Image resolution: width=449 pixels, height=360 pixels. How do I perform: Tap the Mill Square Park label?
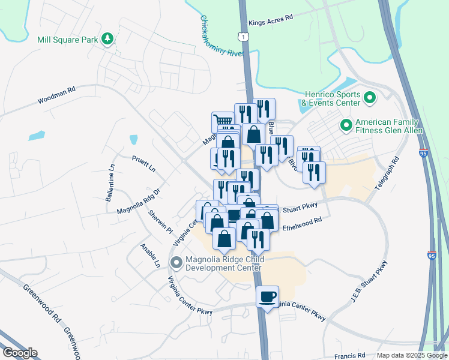(67, 40)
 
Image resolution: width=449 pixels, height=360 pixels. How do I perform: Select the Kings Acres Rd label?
(270, 19)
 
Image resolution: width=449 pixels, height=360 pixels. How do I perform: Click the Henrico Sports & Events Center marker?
(370, 97)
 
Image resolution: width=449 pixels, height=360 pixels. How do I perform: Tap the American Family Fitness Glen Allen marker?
(346, 125)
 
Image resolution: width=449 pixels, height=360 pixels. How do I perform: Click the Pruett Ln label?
(143, 163)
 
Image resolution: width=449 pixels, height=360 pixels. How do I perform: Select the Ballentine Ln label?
(110, 184)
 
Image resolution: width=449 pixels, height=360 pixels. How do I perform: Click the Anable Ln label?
(150, 255)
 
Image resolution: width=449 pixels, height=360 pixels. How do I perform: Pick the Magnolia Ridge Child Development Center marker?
(176, 263)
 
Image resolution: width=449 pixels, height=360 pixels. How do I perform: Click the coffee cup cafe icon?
(268, 296)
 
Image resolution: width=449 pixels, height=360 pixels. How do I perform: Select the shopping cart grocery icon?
(223, 122)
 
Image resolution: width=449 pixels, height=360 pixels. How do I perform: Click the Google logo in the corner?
(20, 352)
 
